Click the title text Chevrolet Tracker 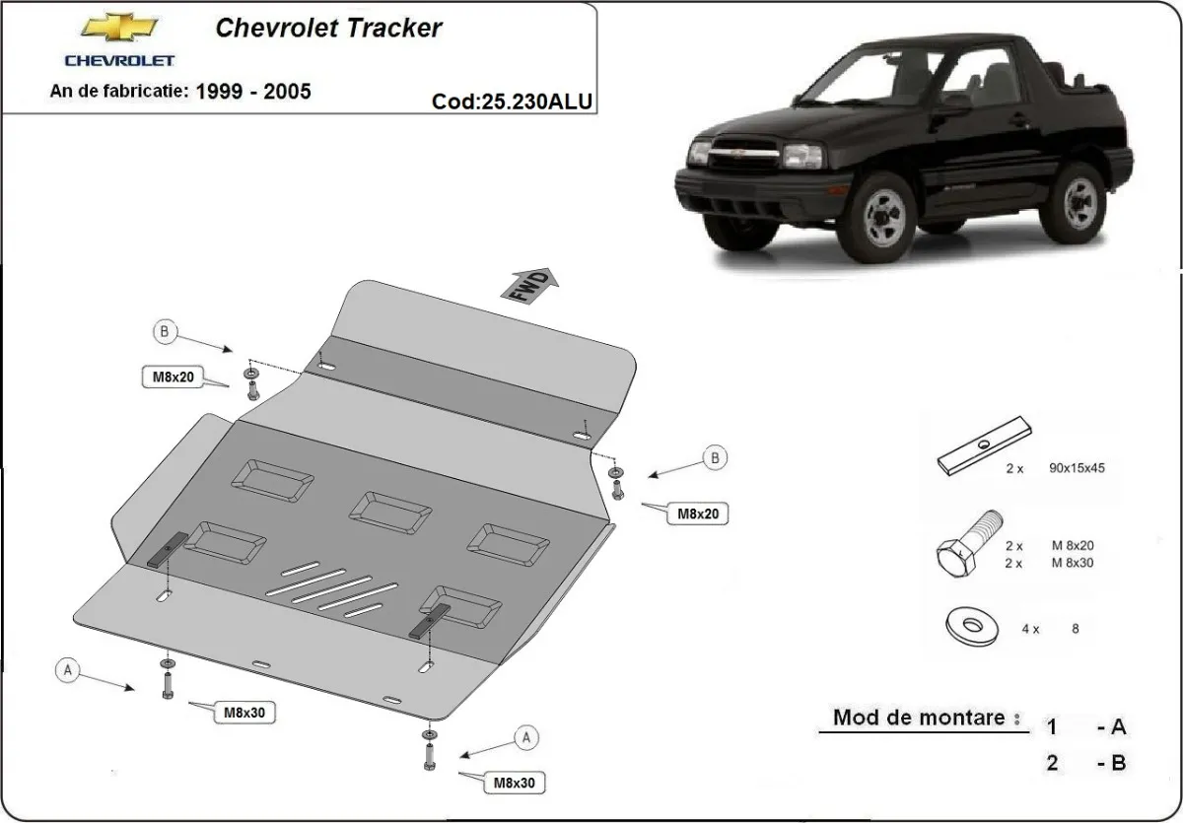coord(328,28)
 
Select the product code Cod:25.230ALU coord(512,102)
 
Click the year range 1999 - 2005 coord(252,92)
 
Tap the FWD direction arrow coord(531,285)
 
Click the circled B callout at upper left coord(165,333)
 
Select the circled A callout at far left coord(68,670)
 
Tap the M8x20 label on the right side coord(697,513)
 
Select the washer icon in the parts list coord(970,624)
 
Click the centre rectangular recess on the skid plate coord(390,510)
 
